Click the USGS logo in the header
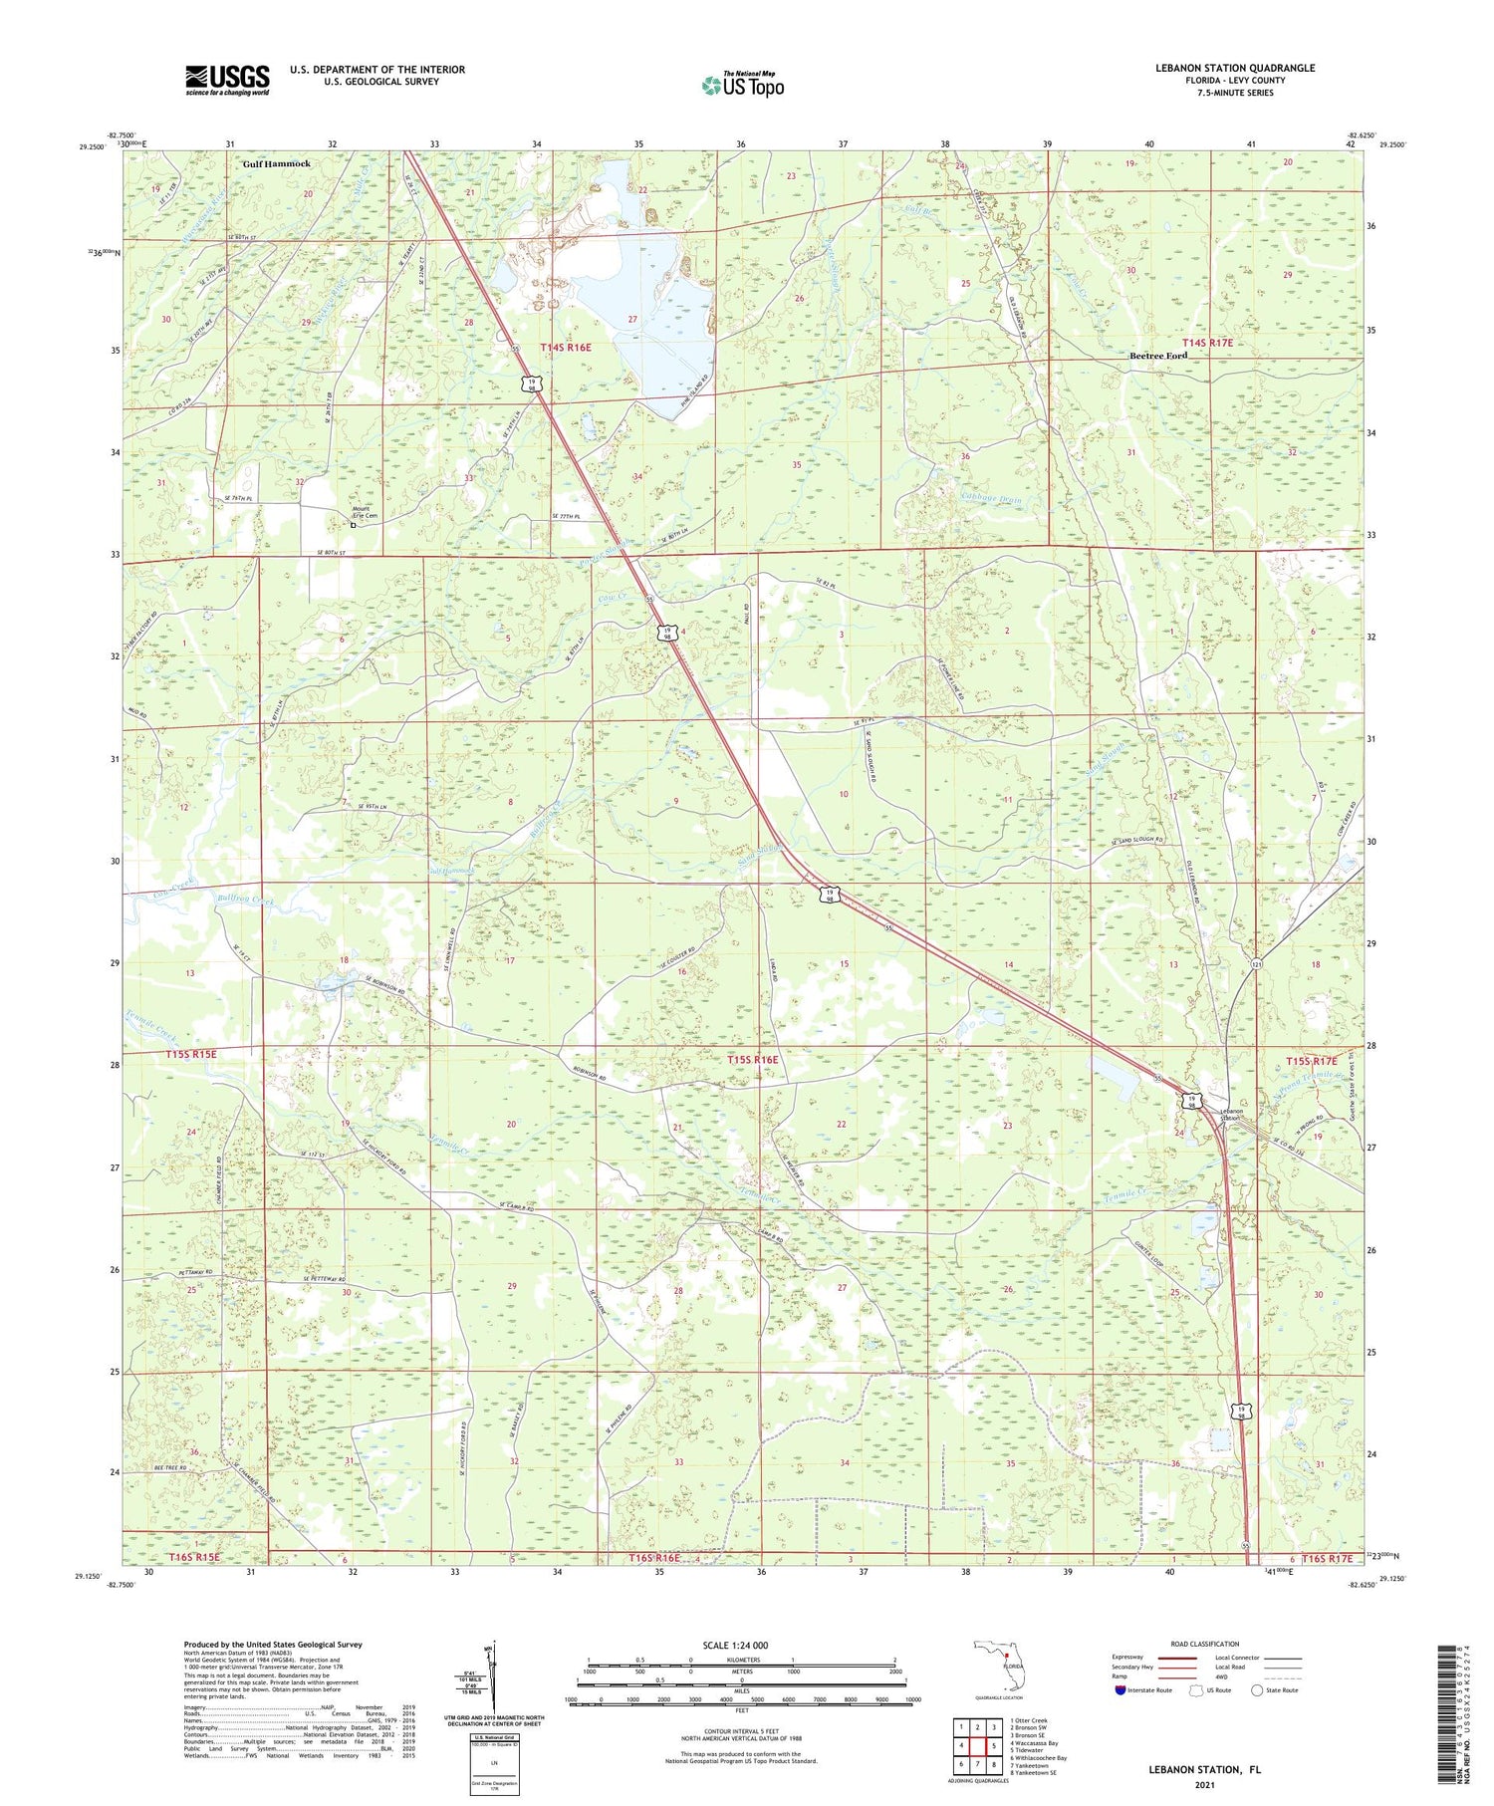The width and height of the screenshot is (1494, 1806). [x=227, y=80]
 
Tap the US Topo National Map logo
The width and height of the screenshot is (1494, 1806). [x=742, y=86]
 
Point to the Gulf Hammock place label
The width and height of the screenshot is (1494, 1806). [x=277, y=163]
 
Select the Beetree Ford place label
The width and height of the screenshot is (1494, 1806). [x=1157, y=356]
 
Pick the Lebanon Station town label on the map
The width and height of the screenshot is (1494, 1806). [x=1231, y=1115]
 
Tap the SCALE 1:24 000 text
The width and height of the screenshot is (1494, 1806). [x=742, y=1646]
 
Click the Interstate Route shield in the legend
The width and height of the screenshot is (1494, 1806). [x=1120, y=1690]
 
